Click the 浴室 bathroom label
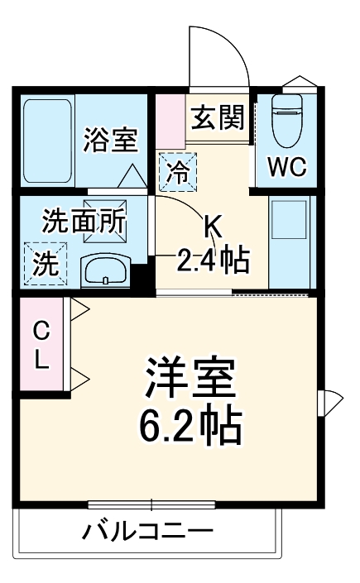tap(109, 140)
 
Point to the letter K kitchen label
tap(213, 225)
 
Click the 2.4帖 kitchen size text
tap(212, 260)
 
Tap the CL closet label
tap(41, 345)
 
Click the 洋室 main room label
tap(190, 380)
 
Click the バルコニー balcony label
tap(147, 530)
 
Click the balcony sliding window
tap(151, 503)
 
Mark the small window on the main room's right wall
tap(325, 402)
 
